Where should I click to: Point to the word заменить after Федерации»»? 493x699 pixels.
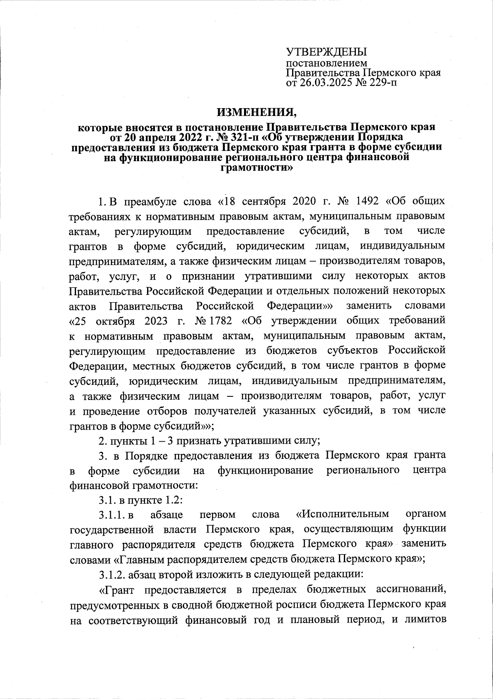368,306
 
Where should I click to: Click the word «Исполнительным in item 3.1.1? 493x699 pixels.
342,514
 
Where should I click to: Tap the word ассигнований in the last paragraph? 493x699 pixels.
411,590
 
